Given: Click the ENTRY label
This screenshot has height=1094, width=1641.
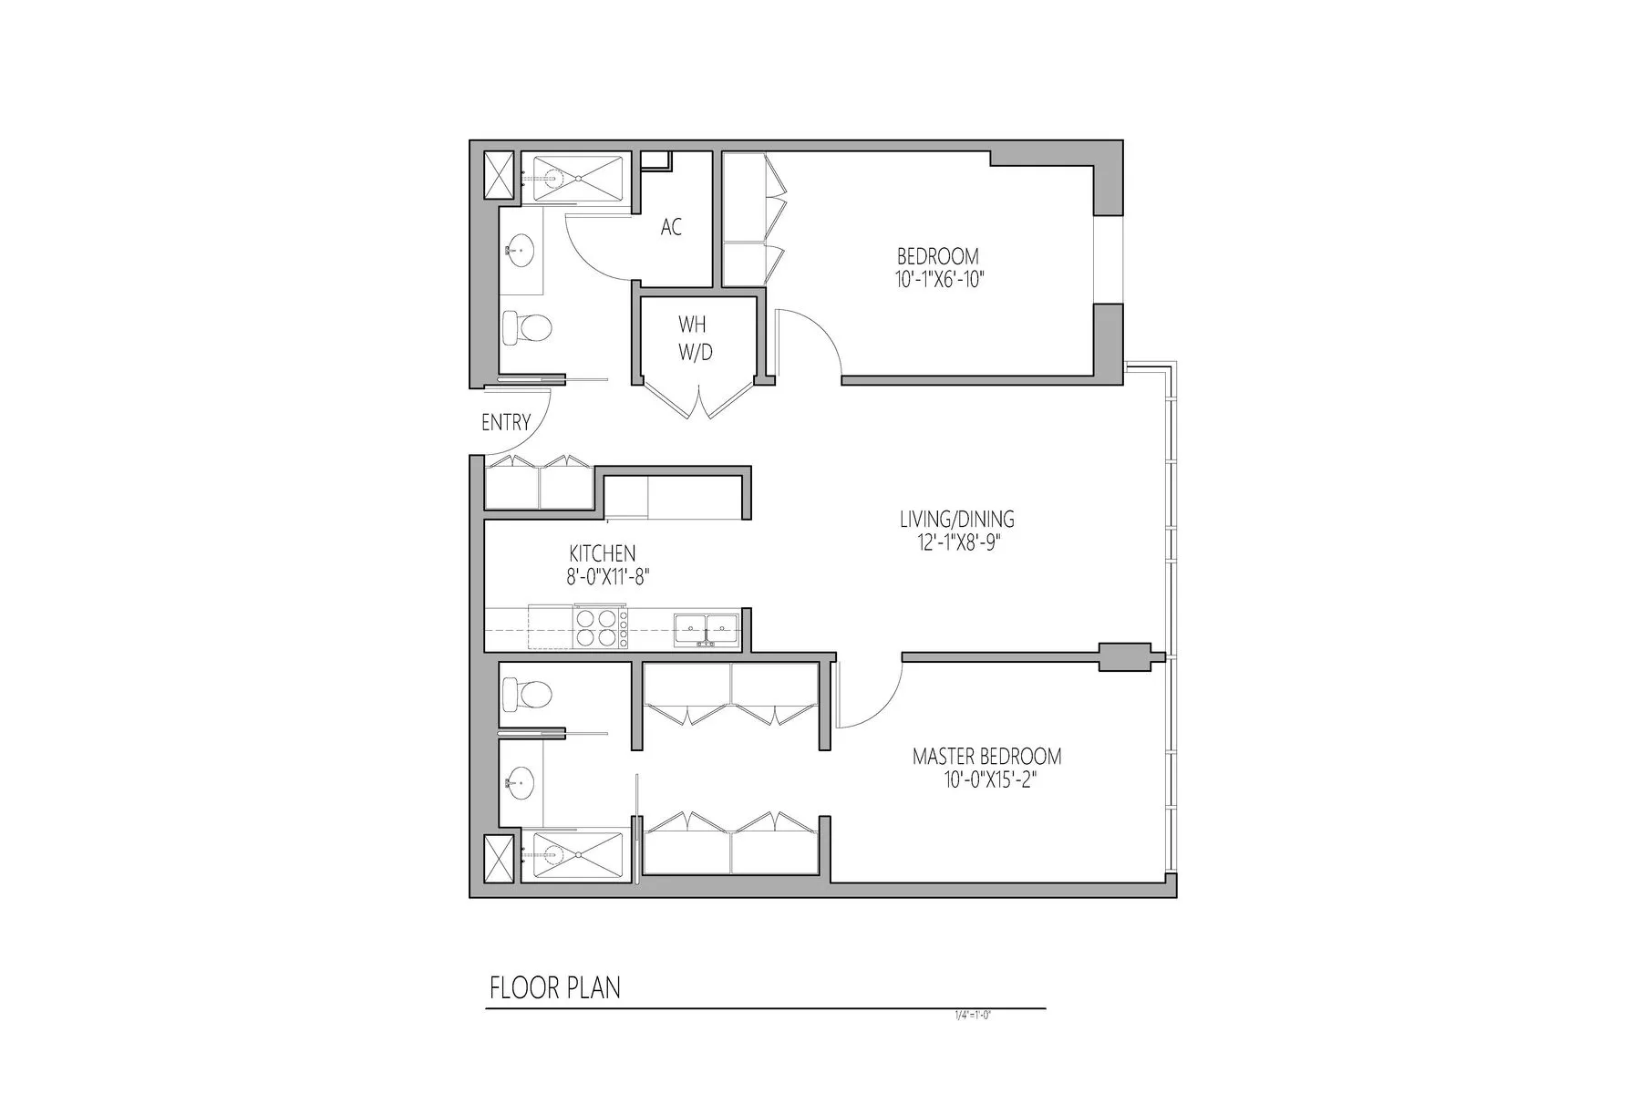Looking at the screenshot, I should (x=506, y=422).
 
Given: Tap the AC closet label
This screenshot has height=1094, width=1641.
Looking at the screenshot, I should (x=671, y=227).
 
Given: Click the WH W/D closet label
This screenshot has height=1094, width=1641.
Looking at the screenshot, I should (x=695, y=338).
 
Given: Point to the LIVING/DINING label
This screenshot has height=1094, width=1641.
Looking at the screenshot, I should (x=956, y=519).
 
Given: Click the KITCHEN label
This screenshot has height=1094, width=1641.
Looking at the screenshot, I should (x=602, y=553).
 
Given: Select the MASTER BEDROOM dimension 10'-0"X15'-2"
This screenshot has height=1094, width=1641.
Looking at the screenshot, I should (x=987, y=780).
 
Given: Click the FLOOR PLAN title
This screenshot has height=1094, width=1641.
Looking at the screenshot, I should (x=554, y=988).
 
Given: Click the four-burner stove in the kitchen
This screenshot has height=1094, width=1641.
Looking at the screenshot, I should (x=600, y=626).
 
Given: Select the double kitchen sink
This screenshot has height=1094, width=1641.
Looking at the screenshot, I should (x=707, y=628).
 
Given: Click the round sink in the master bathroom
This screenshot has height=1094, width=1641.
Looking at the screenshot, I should (x=520, y=781).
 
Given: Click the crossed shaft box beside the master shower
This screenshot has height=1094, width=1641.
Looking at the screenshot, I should (x=499, y=858).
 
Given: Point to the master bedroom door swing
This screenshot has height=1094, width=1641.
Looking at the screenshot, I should (x=868, y=697).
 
